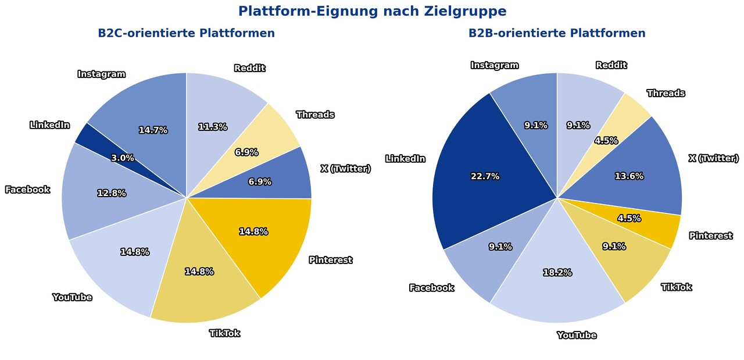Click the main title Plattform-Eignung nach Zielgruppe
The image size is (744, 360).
click(372, 11)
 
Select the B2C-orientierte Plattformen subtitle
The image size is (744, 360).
click(186, 33)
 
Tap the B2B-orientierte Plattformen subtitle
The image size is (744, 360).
click(557, 33)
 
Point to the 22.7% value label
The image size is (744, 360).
click(485, 176)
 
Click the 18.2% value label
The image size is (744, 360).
click(557, 272)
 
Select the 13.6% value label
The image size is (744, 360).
click(629, 176)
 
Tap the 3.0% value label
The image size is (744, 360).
click(123, 158)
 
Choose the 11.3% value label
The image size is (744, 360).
click(212, 127)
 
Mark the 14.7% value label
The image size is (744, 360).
click(153, 130)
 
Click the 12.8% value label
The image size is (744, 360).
click(112, 193)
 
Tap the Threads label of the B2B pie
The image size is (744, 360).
click(666, 93)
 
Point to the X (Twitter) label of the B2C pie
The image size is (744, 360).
click(345, 169)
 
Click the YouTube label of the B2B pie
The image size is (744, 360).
click(577, 335)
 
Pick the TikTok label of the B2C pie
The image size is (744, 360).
click(224, 333)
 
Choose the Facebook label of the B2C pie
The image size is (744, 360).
click(27, 190)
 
